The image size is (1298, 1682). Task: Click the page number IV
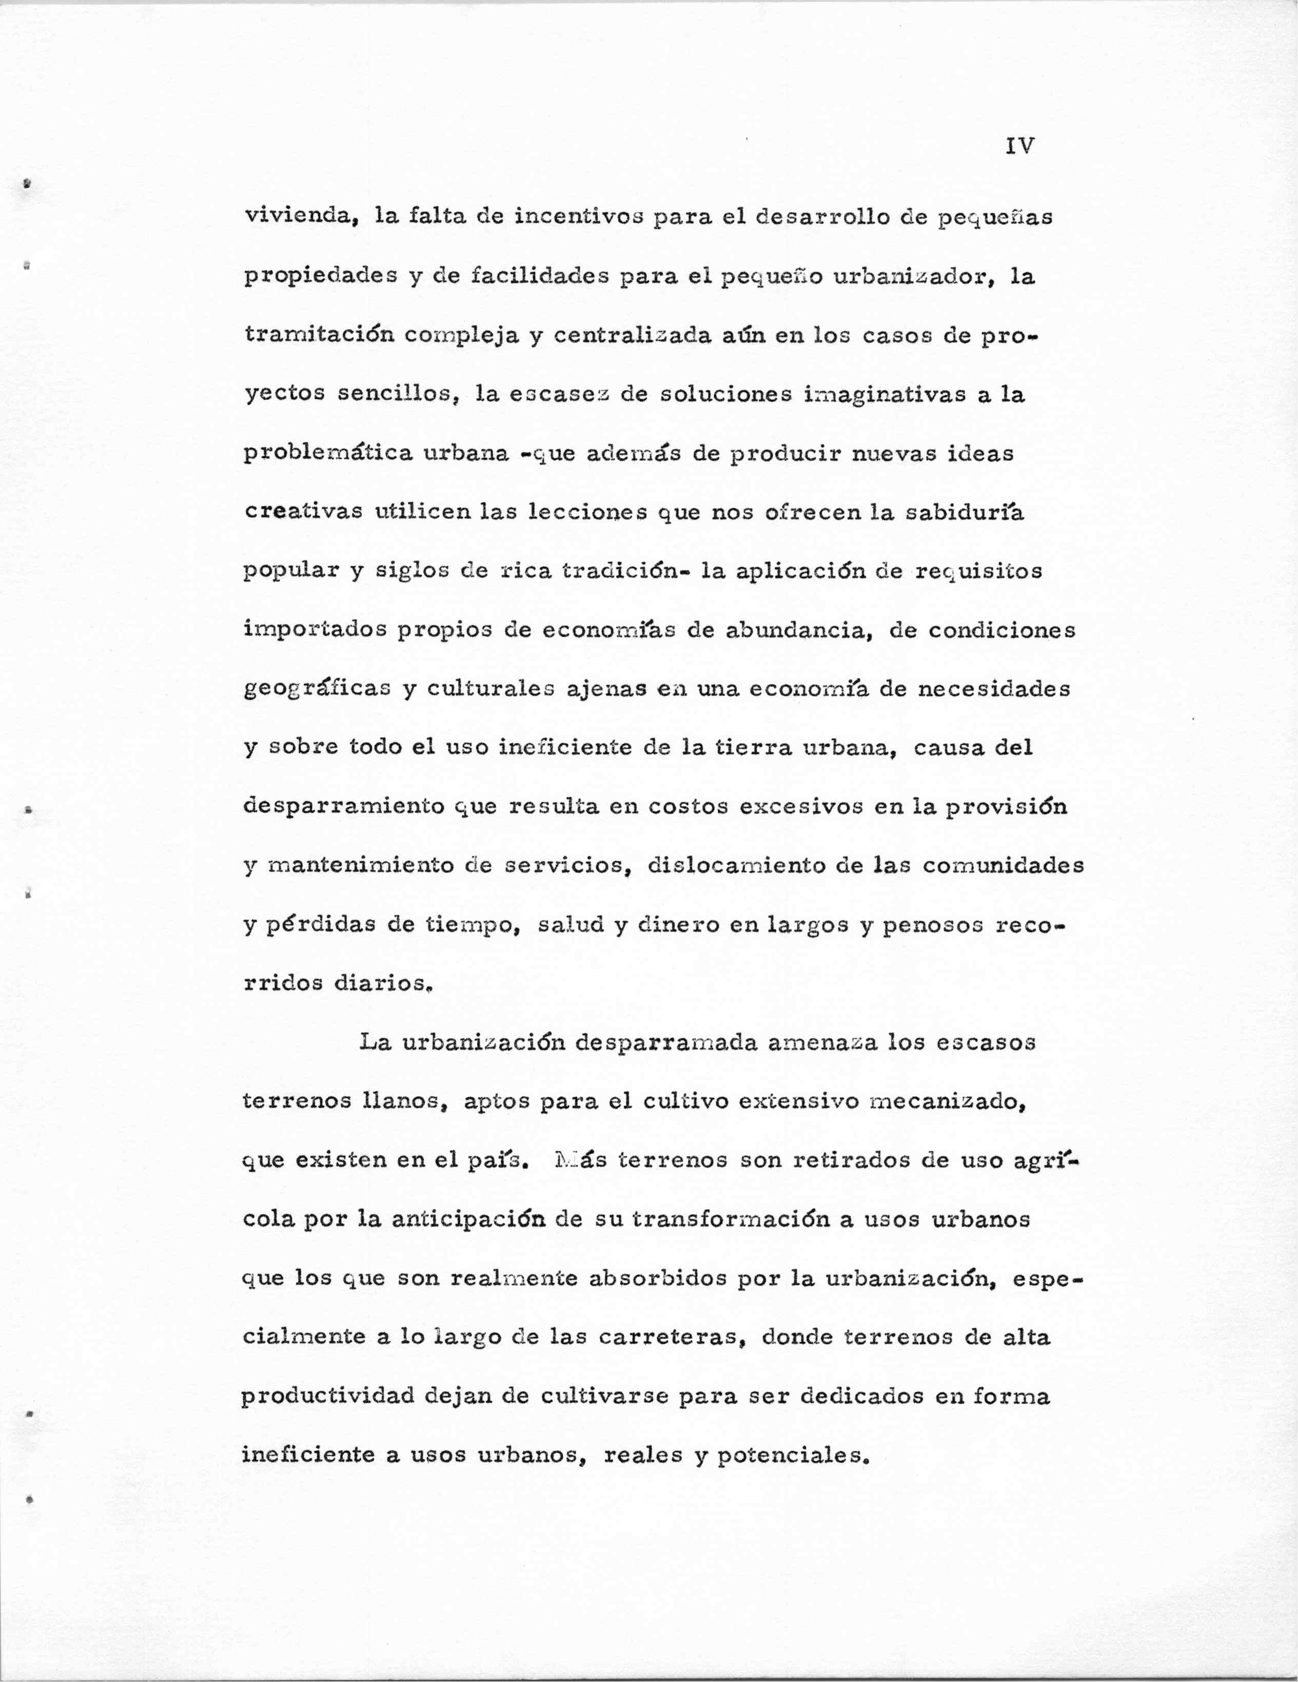pos(1019,146)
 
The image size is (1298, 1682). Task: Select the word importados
pos(315,630)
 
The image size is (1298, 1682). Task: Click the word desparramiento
pos(343,806)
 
